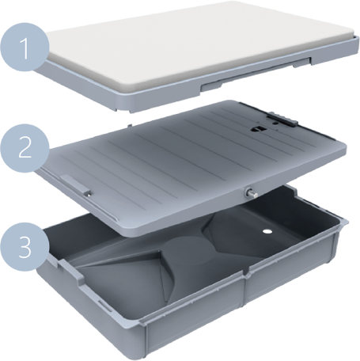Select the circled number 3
(25, 248)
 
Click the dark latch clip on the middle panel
(282, 120)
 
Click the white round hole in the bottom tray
(267, 231)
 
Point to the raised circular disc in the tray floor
(188, 250)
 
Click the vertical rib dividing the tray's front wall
(244, 290)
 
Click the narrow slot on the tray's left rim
(108, 307)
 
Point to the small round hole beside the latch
(275, 123)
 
